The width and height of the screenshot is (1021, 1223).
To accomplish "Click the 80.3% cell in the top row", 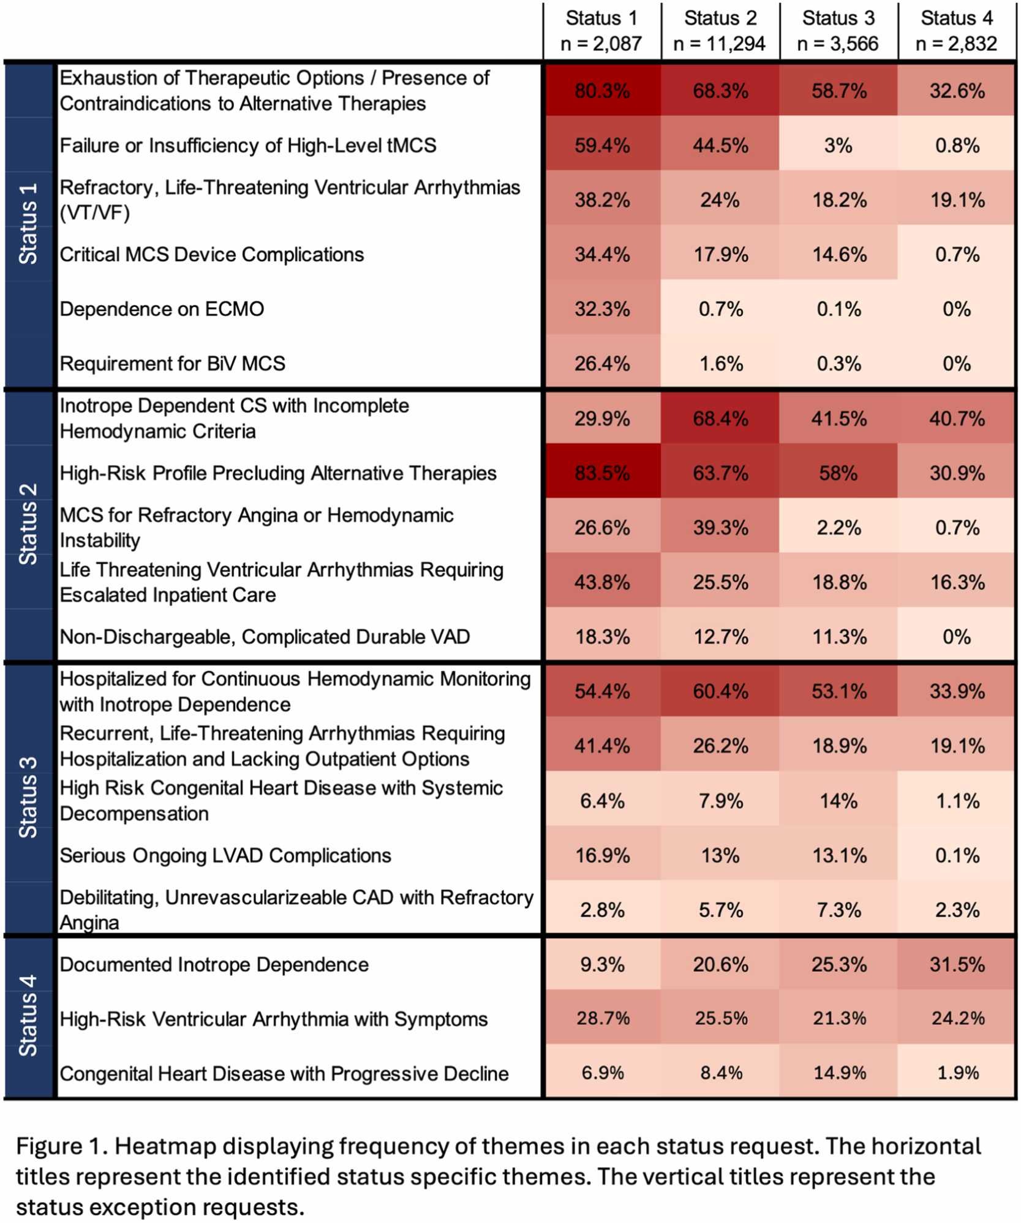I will (601, 91).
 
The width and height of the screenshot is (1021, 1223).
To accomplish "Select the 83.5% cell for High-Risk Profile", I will (601, 473).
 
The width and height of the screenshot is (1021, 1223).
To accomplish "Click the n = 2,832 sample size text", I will (956, 44).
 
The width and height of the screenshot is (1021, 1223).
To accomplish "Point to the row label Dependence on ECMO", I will (162, 309).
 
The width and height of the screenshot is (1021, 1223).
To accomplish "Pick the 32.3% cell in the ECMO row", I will (601, 309).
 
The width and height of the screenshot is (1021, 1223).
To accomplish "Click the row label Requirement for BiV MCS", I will (172, 363).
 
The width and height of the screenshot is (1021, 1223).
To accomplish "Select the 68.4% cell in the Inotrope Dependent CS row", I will (720, 418).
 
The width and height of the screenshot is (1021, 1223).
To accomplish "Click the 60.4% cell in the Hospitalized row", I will (720, 691).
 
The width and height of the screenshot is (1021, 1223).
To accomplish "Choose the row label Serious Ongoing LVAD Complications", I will (225, 855).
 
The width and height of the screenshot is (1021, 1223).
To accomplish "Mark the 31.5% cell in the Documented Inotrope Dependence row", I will (957, 964).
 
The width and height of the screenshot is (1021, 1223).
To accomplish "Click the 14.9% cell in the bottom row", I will (838, 1073).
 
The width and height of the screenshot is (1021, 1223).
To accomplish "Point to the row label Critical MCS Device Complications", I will (211, 254).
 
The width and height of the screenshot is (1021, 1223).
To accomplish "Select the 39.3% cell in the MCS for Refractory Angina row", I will (720, 528).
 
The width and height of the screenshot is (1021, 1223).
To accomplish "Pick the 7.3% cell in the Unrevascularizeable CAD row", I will (838, 910).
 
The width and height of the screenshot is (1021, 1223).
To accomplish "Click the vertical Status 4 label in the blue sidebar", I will (28, 1015).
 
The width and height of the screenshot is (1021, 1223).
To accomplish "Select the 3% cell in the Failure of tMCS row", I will (838, 145).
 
